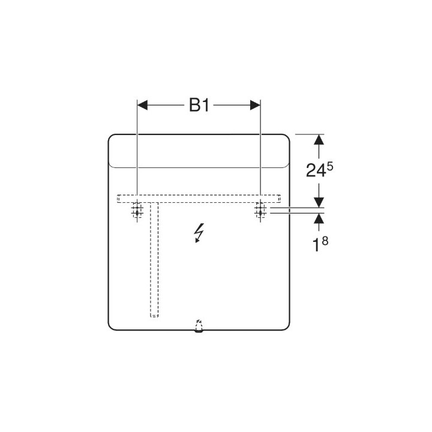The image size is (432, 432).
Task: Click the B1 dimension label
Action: coord(199,106)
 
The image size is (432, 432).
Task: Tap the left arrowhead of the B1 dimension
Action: coord(143,105)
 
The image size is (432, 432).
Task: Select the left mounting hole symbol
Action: coord(137,212)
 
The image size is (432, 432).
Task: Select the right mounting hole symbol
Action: coord(260,212)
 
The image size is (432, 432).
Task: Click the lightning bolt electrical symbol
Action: coord(199,232)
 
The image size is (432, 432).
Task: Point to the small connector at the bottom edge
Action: coord(199,326)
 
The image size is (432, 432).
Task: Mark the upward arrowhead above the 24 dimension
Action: coord(319,140)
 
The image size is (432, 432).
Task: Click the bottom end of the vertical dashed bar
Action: coord(154,315)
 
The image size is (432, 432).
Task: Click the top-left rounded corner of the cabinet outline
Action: coord(112,138)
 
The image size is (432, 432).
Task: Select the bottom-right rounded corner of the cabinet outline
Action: coord(287,326)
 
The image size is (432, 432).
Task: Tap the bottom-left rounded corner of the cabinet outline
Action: coord(112,326)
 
